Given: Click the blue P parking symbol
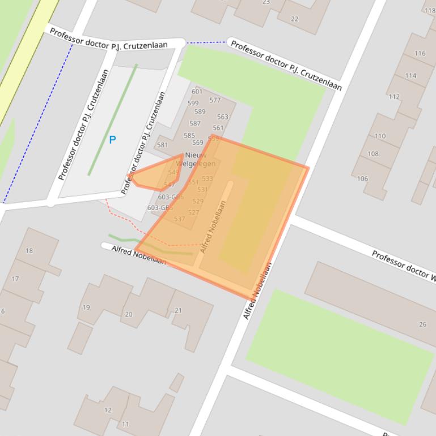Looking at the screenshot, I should coord(112,139).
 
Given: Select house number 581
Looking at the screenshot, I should coord(163,145).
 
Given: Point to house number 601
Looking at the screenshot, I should coord(197,92).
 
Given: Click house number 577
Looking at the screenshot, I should coord(215,100).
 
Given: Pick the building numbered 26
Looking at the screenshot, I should coord(422,324).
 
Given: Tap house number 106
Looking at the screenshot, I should coord(362,179).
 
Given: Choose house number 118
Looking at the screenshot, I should coord(429,10).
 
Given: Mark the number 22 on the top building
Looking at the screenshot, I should coord(294,19).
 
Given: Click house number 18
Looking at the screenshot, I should coord(29,251).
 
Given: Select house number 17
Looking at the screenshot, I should coord(15,279).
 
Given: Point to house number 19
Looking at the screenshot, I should coord(86,307).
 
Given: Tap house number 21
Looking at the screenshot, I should coord(178,310).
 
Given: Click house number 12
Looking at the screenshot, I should coord(108,410).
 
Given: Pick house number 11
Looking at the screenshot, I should coord(125,424).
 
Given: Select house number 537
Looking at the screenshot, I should coord(179,219).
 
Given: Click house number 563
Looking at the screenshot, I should coord(222,117).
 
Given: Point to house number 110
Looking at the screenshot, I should coord(380,136).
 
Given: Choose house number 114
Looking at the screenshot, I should coord(410,76).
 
